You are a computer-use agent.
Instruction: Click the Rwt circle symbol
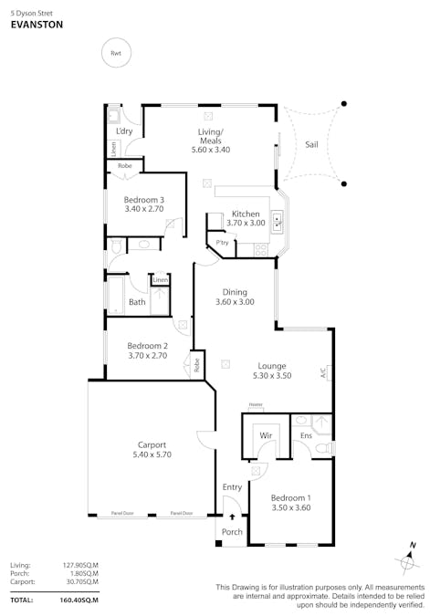click(116, 54)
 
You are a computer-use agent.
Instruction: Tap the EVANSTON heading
click(36, 26)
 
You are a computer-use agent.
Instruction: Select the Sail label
click(311, 144)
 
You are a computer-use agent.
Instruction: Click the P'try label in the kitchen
click(222, 244)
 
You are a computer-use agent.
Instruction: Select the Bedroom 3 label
click(144, 200)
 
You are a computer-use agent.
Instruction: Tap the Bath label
click(137, 302)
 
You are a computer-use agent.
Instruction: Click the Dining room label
click(235, 292)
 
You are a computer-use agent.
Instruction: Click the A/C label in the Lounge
click(323, 373)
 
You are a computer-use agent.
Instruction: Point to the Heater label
click(256, 405)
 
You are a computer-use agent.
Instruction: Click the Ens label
click(307, 436)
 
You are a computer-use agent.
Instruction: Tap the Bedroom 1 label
click(291, 497)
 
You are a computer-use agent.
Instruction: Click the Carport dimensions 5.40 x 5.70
click(152, 454)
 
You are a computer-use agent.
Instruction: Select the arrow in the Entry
click(232, 517)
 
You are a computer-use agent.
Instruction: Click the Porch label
click(232, 532)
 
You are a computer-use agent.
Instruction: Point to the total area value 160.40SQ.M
click(80, 600)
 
